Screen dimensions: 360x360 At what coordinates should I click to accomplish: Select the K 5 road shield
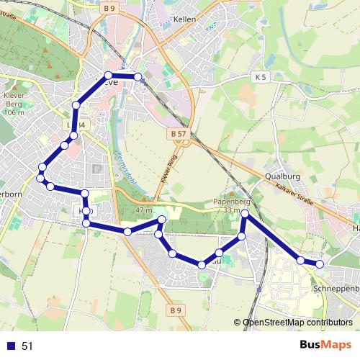(x=260, y=76)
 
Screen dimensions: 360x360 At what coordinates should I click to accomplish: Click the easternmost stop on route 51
(x=320, y=264)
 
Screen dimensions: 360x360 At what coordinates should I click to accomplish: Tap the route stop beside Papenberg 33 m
(x=245, y=215)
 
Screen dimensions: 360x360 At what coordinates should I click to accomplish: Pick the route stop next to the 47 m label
(x=161, y=220)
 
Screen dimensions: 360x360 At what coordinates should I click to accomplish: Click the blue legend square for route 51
(x=11, y=346)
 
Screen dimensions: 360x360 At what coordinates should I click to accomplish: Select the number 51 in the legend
(x=27, y=346)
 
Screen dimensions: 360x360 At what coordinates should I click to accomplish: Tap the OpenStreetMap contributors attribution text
(x=297, y=323)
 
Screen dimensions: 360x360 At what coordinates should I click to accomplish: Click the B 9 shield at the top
(x=109, y=8)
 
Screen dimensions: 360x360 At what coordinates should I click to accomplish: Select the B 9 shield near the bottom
(x=177, y=310)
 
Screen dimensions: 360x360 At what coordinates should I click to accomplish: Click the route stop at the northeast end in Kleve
(x=138, y=76)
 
